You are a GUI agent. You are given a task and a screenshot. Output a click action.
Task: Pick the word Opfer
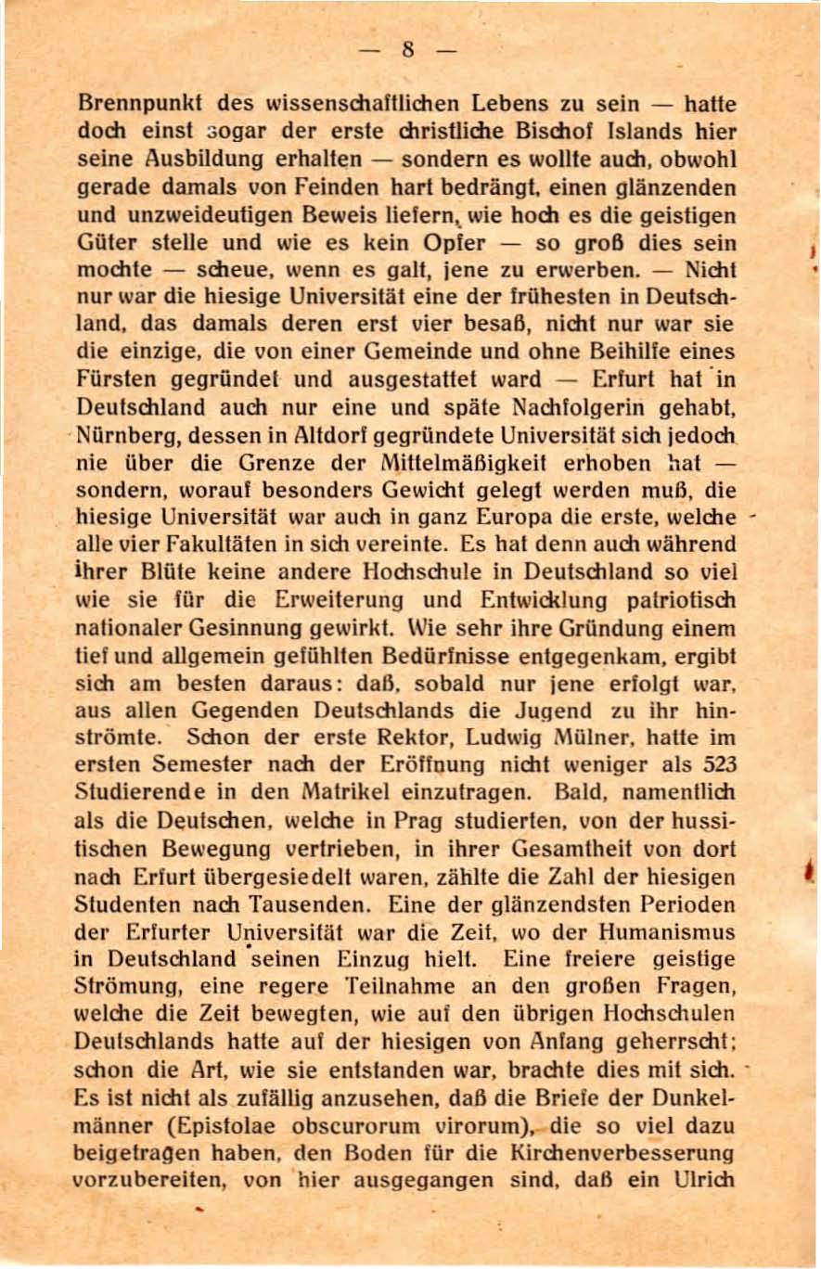point(455,244)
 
